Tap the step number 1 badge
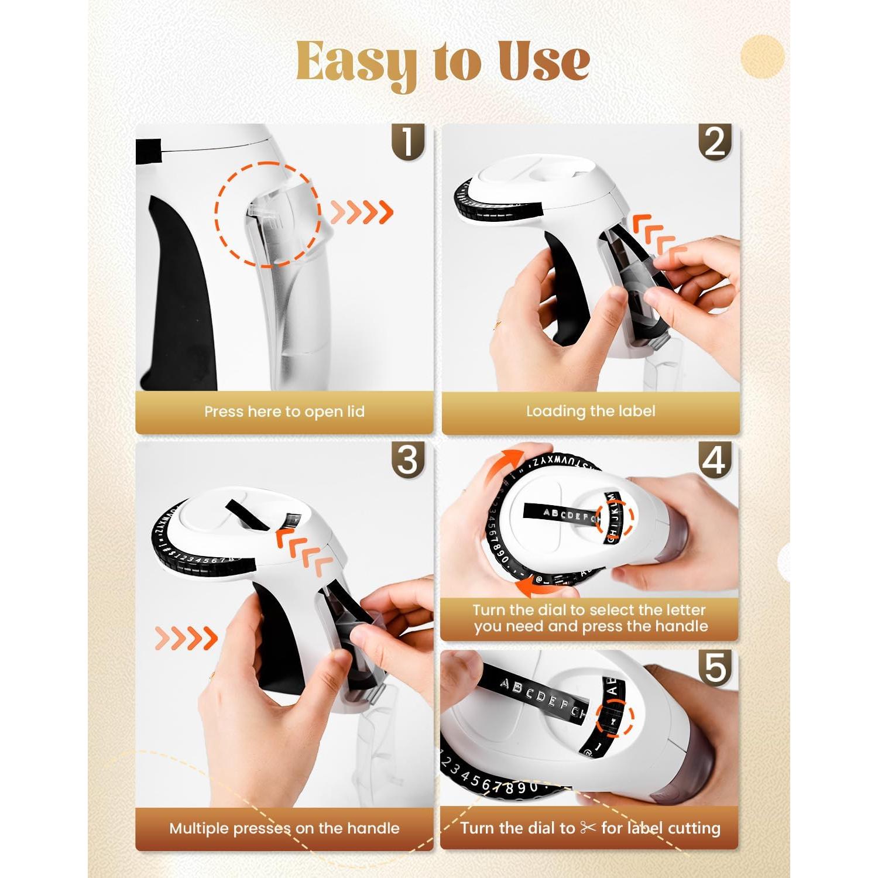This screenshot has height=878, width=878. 407,142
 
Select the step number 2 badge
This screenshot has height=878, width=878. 715,142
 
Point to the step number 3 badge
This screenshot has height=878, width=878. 407,460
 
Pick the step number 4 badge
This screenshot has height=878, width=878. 715,460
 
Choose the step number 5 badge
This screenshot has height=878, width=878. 715,668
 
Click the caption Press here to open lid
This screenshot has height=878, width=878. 284,411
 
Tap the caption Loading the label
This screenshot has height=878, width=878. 591,411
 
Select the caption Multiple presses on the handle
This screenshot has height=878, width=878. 284,828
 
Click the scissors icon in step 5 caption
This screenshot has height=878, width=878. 588,828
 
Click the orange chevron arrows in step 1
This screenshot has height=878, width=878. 362,212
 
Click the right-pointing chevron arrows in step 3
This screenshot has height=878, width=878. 186,638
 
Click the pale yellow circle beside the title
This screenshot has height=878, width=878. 762,57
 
